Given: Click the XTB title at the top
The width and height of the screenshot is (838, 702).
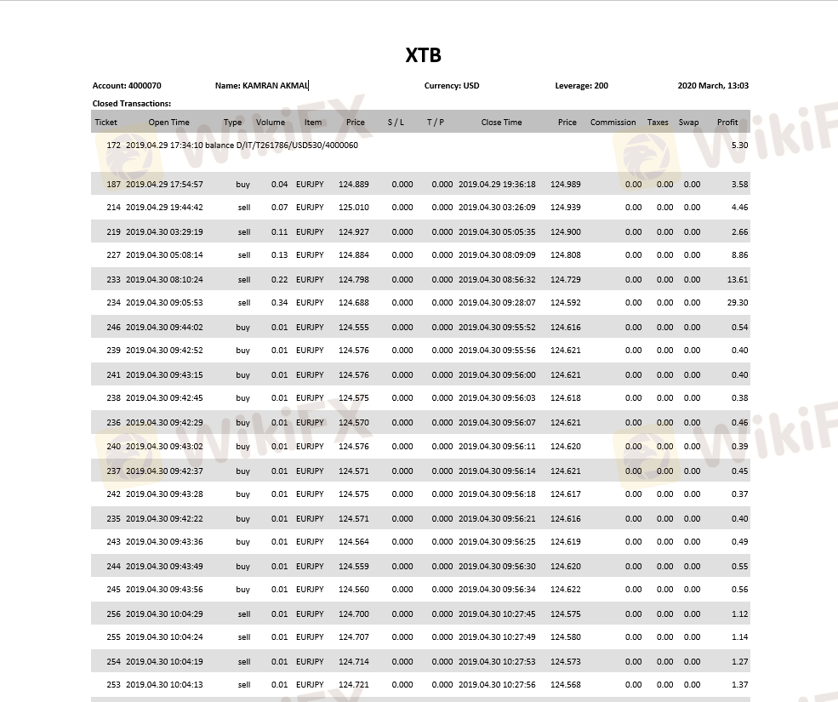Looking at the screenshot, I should tap(423, 56).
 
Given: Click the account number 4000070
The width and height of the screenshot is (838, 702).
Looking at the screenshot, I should tap(145, 86).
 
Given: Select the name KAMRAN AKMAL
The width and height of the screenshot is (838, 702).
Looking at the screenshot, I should tap(275, 86).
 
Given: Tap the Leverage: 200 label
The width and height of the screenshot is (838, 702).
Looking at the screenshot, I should tap(581, 86).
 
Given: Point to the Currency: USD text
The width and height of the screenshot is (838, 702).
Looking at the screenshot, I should tap(452, 86).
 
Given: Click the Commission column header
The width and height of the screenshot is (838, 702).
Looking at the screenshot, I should tap(613, 123).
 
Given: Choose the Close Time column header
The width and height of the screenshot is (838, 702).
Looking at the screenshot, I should tap(501, 123).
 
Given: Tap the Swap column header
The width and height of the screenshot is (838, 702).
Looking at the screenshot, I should tap(688, 123).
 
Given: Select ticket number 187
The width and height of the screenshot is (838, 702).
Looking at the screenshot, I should tap(114, 185).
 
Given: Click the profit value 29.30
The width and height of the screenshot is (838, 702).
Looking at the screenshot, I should tap(738, 303).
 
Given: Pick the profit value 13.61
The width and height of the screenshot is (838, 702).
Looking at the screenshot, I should tap(738, 280).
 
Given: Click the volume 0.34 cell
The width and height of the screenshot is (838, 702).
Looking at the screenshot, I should tap(279, 303).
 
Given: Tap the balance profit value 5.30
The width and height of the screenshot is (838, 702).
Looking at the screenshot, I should tap(739, 146).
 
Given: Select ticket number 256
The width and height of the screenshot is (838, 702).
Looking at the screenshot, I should tap(114, 614).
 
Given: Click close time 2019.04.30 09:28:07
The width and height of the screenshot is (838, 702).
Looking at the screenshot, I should tap(497, 303).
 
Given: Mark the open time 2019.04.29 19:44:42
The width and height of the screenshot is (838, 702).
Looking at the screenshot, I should tap(164, 208).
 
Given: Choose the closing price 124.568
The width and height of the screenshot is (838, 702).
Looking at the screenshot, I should tap(566, 685).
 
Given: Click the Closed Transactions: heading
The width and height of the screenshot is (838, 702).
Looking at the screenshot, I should tap(132, 104).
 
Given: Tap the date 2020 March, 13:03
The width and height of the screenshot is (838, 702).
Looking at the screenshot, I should tap(713, 86).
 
